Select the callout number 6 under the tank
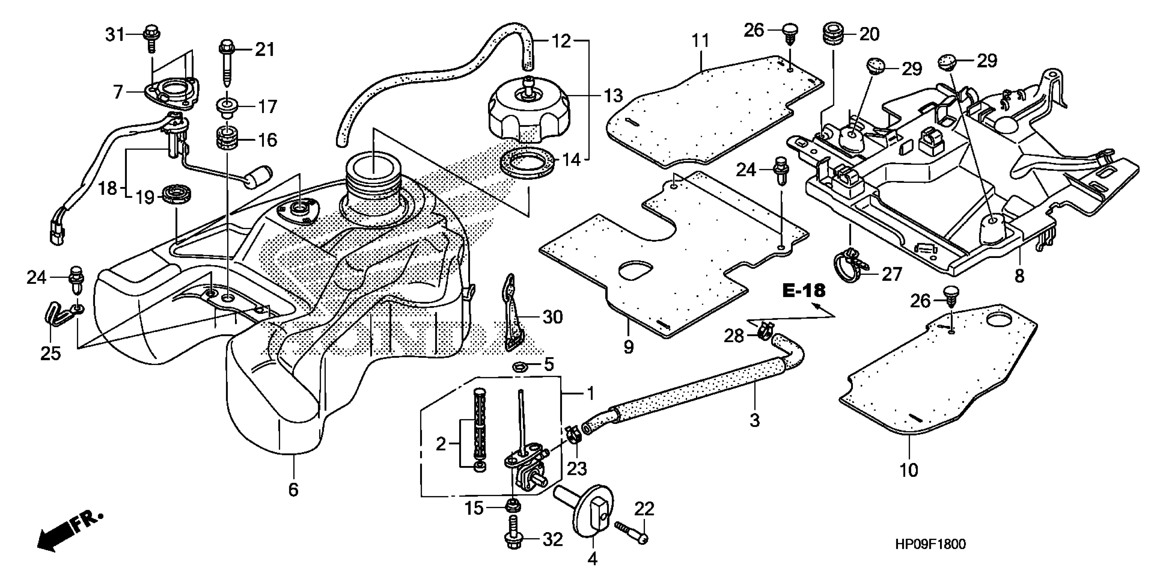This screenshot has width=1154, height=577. click(293, 489)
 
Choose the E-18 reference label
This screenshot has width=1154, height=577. click(804, 291)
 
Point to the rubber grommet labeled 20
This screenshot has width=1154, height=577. click(833, 34)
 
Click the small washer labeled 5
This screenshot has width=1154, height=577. click(519, 367)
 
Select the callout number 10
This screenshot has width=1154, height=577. click(908, 470)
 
